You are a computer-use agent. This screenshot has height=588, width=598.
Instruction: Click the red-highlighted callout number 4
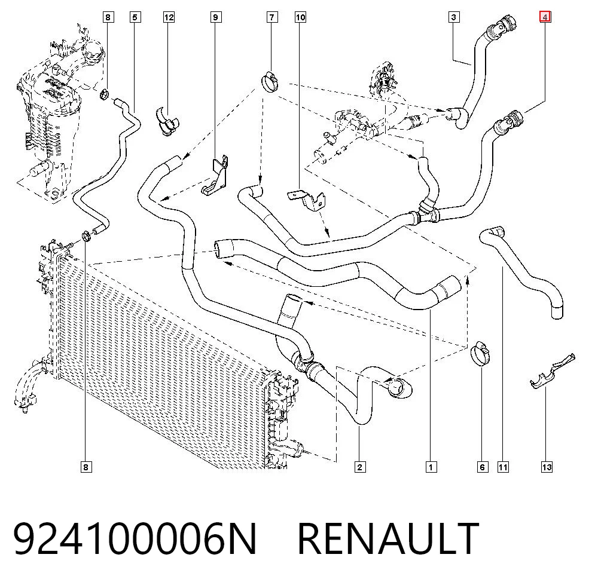click(545, 17)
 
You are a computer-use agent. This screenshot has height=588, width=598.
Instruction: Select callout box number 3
click(453, 17)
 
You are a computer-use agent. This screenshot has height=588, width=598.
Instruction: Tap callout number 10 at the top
click(301, 17)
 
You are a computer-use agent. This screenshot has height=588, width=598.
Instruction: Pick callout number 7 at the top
click(272, 17)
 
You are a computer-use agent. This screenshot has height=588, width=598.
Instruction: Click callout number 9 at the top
click(216, 17)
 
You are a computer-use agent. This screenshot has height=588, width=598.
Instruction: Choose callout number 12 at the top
click(169, 17)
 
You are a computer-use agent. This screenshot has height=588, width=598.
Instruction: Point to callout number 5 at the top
click(135, 17)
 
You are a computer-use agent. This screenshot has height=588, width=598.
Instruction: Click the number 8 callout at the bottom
click(86, 467)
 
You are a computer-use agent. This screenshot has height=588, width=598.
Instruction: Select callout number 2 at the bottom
click(359, 467)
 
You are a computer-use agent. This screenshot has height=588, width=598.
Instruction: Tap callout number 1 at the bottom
click(431, 467)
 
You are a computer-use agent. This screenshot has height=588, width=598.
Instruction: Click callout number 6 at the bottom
click(483, 467)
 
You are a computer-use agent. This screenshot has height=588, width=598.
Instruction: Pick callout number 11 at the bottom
click(503, 467)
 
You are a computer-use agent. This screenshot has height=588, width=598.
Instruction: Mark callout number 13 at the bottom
click(547, 467)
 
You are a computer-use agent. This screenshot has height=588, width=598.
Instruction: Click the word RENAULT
click(388, 539)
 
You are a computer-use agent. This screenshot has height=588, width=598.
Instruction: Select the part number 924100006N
click(135, 539)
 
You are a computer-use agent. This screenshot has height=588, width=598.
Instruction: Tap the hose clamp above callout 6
click(480, 354)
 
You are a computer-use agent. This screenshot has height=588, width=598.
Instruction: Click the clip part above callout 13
click(552, 371)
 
